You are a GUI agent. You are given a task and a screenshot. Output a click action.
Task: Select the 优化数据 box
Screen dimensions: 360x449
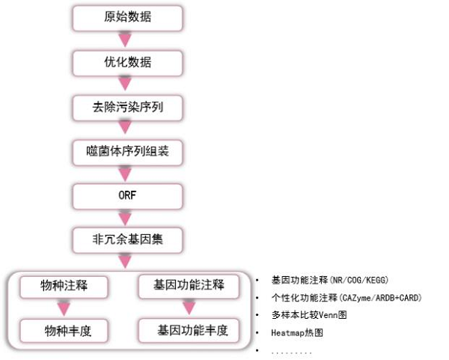[x=127, y=62]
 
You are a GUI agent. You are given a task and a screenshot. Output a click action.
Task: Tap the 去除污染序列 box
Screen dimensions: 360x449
[x=127, y=107]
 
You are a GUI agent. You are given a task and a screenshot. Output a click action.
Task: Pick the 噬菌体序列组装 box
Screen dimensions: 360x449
[x=127, y=151]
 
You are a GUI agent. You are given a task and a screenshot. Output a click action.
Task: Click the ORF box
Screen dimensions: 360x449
[x=127, y=195]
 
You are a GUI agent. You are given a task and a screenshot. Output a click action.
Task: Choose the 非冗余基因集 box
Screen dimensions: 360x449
[x=127, y=240]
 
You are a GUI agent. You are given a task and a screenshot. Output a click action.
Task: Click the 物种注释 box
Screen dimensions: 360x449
[x=64, y=285]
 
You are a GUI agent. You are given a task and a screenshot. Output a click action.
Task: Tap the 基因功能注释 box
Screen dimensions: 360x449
[x=189, y=285]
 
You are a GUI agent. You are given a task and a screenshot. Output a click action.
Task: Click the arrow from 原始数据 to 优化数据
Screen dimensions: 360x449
[x=126, y=40]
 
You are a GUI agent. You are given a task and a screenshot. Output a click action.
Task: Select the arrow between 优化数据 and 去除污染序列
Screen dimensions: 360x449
[x=126, y=85]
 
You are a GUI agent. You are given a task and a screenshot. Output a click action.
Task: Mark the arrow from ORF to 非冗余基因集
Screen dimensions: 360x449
[x=126, y=218]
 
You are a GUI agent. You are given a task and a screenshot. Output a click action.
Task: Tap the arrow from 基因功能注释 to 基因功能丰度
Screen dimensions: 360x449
[x=189, y=308]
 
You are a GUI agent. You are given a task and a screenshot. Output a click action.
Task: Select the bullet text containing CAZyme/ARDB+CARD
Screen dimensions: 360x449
[x=346, y=298]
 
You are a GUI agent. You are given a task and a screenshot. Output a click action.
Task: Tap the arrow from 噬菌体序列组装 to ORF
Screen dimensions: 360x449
[x=126, y=174]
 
